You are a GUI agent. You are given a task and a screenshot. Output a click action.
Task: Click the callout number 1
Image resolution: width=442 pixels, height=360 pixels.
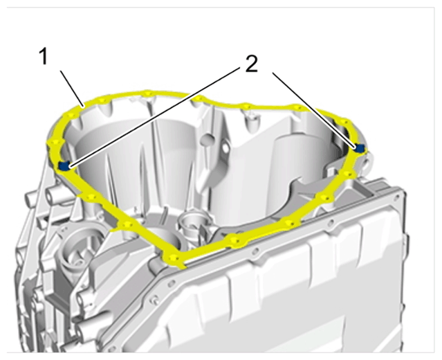(x=43, y=56)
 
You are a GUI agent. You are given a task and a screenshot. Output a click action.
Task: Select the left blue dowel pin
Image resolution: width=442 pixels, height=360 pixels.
(x=64, y=165)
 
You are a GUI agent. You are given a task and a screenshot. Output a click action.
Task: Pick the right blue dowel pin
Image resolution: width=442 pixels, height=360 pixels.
(x=360, y=148)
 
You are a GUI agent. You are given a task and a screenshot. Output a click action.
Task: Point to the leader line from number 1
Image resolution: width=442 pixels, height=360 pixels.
(x=72, y=89)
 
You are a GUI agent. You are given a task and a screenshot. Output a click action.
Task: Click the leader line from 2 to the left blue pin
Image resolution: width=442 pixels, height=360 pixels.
(x=155, y=117)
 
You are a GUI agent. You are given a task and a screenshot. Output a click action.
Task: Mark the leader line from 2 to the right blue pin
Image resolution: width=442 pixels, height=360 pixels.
(x=314, y=110)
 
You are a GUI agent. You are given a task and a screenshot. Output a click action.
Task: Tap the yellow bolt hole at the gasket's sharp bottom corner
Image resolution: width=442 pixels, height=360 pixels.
(x=172, y=258)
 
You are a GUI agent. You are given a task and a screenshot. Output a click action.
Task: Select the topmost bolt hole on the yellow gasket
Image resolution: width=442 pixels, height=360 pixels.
(x=148, y=93)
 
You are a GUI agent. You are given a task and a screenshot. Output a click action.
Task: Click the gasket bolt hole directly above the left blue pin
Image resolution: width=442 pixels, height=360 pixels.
(x=55, y=142)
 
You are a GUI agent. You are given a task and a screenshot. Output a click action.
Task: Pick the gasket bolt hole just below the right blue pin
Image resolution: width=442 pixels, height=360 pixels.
(x=349, y=173)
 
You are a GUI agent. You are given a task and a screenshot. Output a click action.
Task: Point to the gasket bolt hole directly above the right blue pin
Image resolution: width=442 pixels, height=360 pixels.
(x=344, y=122)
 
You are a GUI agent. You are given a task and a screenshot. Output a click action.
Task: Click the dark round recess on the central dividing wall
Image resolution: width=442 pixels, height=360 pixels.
(x=209, y=139)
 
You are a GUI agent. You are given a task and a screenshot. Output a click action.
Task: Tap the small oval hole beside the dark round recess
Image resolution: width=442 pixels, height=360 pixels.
(x=225, y=148)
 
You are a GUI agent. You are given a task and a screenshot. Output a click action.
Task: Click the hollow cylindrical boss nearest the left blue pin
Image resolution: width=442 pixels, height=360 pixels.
(x=53, y=195)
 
